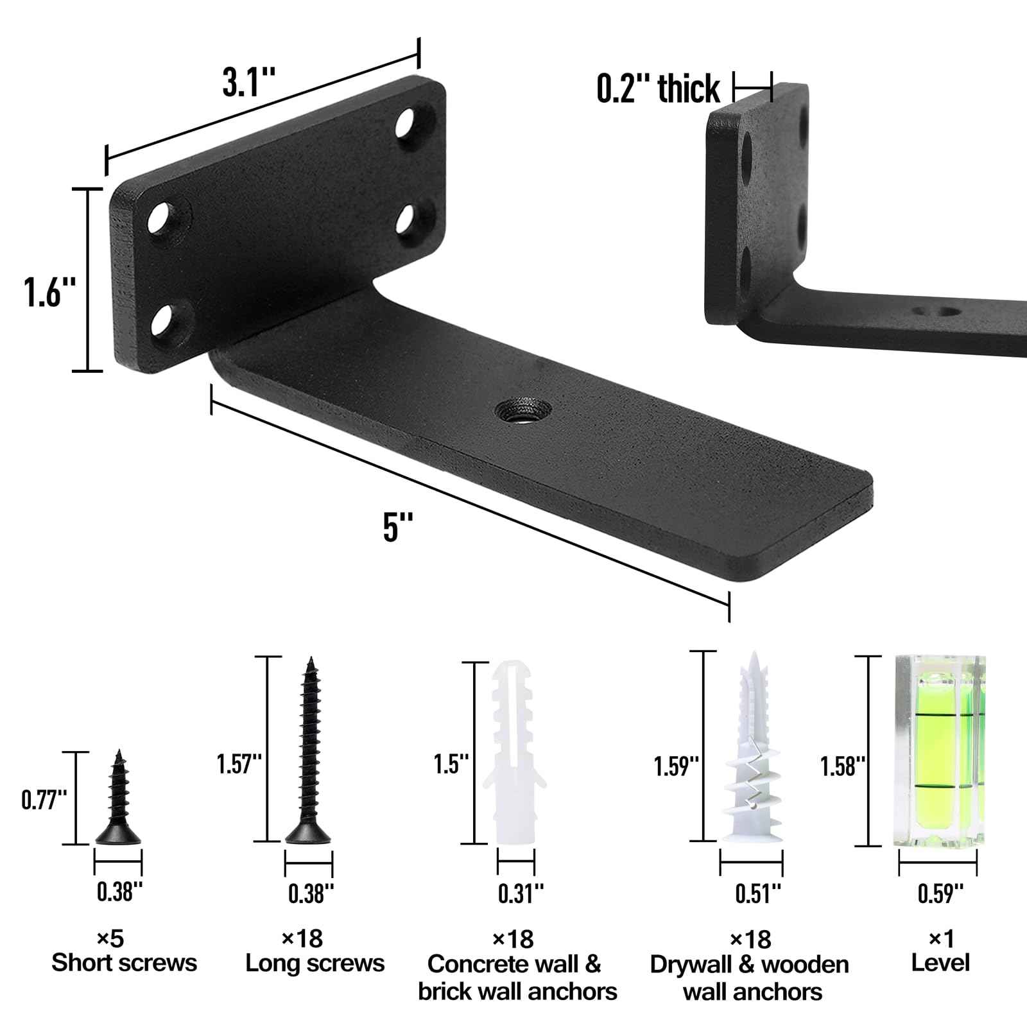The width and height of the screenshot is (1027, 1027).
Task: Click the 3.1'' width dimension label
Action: tap(249, 83)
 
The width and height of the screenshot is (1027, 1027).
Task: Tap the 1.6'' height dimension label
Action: tap(49, 292)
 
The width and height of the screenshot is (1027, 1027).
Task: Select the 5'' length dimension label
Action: tap(398, 528)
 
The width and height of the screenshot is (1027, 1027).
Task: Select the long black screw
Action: tap(309, 751)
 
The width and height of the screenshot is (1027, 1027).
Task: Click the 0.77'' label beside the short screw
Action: tap(44, 800)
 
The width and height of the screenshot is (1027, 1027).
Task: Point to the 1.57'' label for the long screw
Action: tap(239, 764)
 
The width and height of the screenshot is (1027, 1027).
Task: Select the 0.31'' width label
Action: tap(521, 893)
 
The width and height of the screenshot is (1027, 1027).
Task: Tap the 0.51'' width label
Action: tap(758, 893)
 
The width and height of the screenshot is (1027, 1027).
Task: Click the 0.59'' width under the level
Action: tap(940, 893)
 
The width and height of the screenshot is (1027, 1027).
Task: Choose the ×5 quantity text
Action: tap(110, 939)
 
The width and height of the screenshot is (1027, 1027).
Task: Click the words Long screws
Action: tap(315, 963)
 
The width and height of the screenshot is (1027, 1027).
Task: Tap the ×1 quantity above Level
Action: tap(941, 939)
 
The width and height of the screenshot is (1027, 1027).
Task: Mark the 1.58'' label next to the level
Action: tap(843, 766)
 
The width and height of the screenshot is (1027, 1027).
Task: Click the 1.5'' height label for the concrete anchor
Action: tap(451, 764)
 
